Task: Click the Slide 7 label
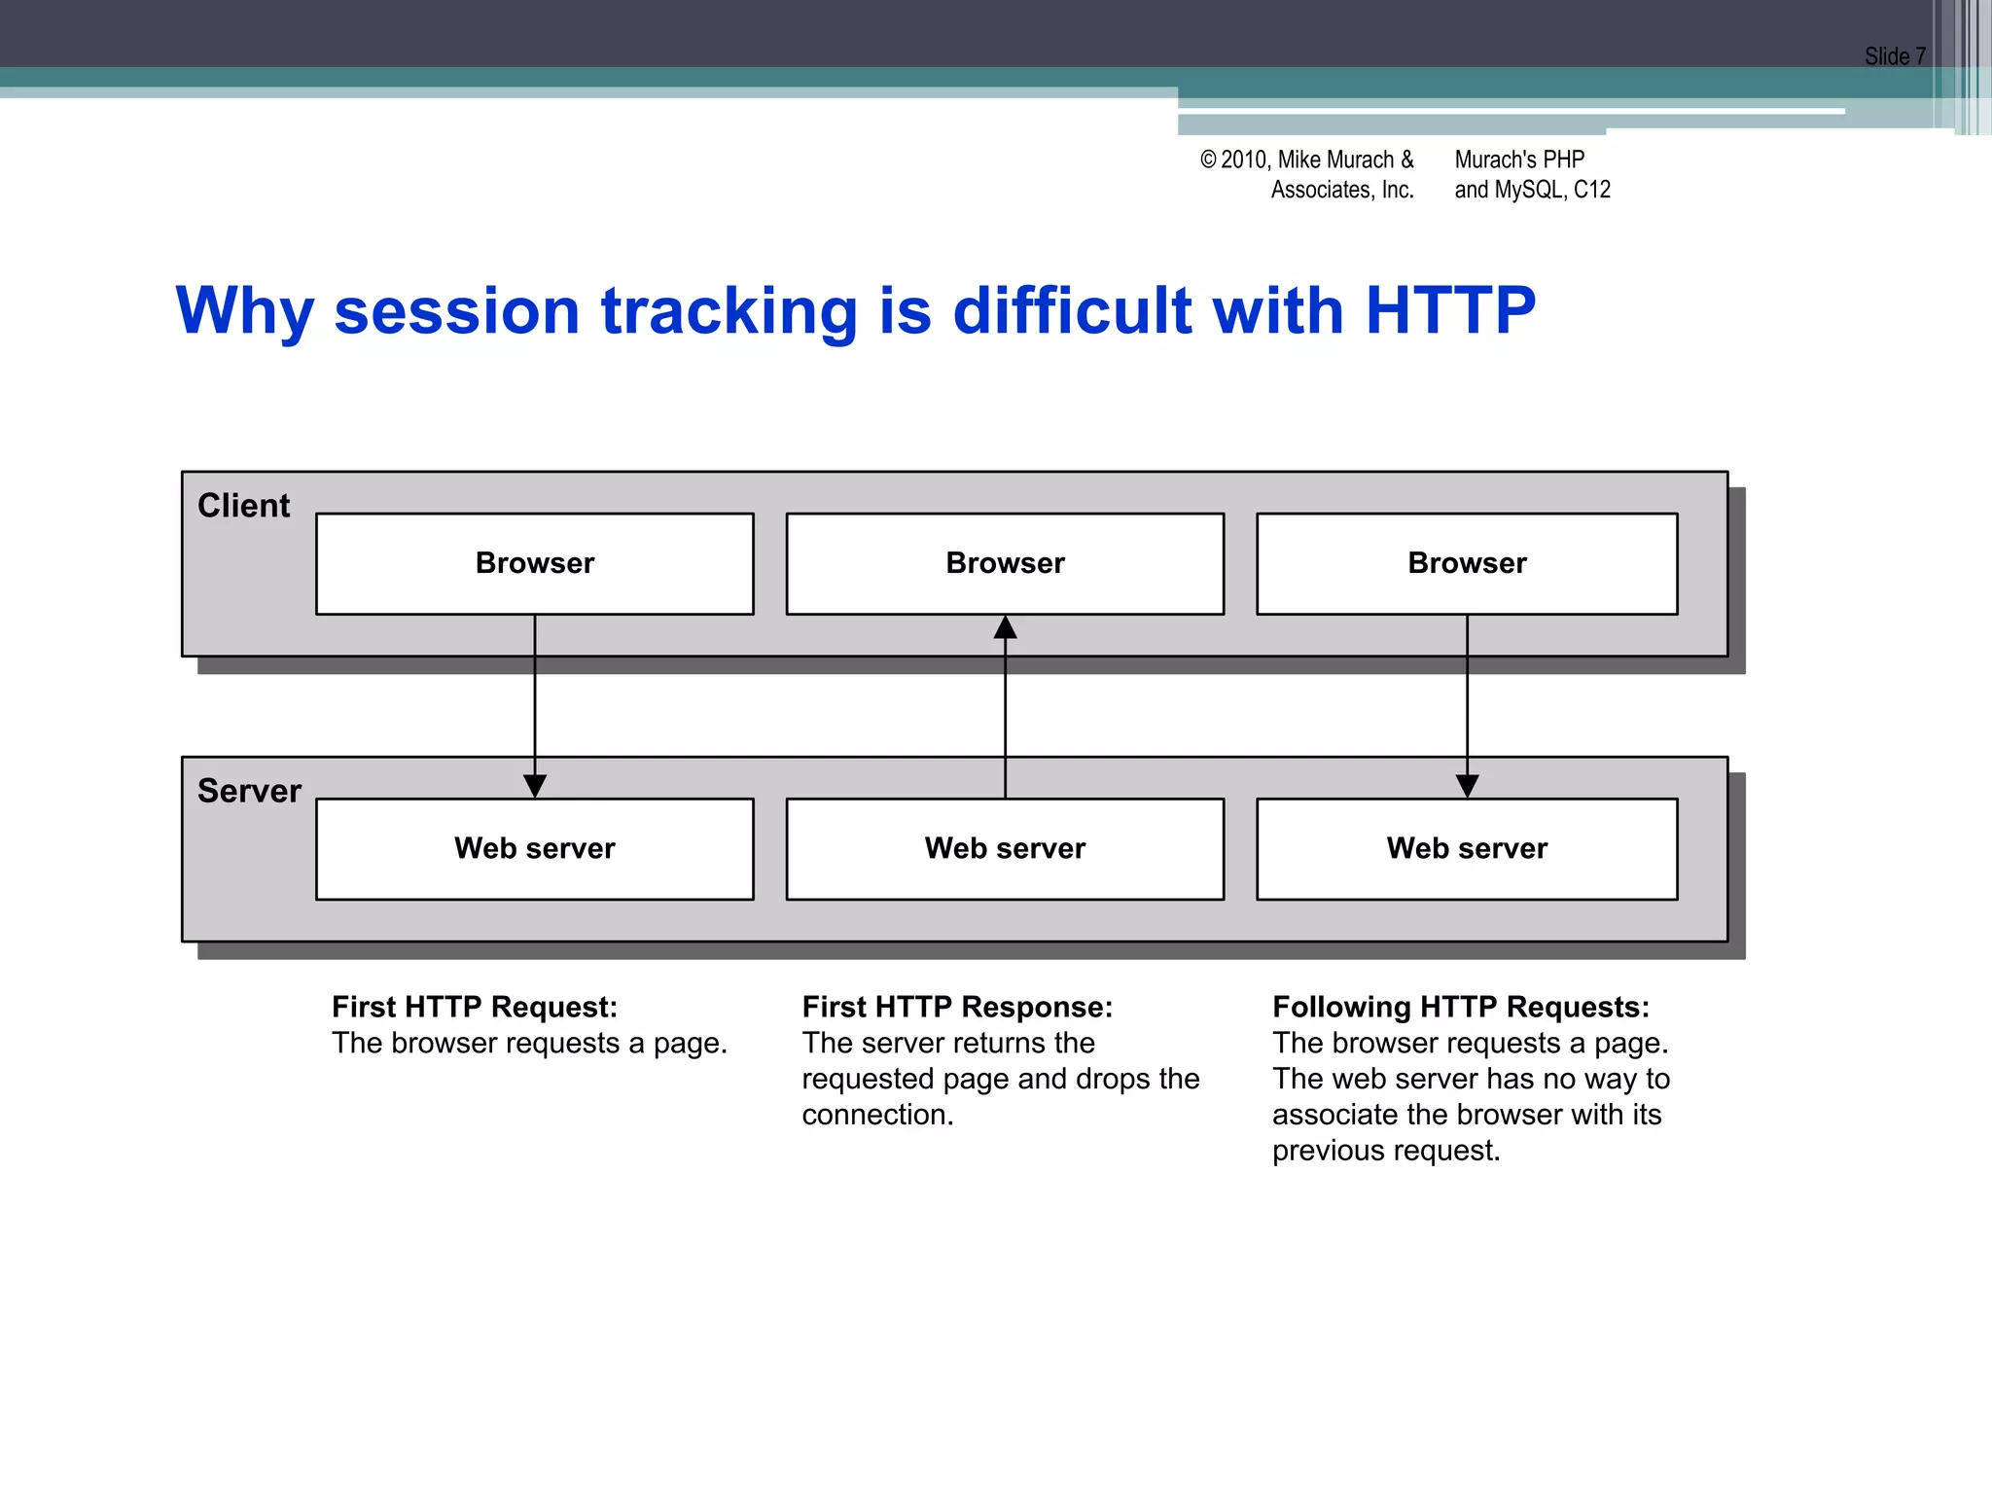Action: tap(1894, 56)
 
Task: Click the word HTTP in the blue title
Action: tap(1449, 311)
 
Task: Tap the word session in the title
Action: tap(456, 311)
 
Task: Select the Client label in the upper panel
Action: tap(243, 506)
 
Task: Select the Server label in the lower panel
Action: tap(249, 791)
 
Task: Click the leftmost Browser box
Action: tap(534, 563)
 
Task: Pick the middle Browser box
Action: tap(1005, 563)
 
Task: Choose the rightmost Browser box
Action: tap(1467, 563)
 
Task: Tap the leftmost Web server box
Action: tap(534, 848)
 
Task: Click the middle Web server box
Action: tap(1005, 848)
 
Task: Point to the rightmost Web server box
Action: tap(1467, 848)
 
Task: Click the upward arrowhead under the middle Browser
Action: tap(1005, 627)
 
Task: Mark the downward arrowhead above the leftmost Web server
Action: tap(534, 785)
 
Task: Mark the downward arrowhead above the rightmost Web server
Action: tap(1467, 785)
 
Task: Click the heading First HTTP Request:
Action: tap(475, 1007)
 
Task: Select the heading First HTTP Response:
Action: tap(957, 1007)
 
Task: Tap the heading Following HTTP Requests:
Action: tap(1460, 1007)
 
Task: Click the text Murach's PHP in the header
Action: tap(1518, 160)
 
